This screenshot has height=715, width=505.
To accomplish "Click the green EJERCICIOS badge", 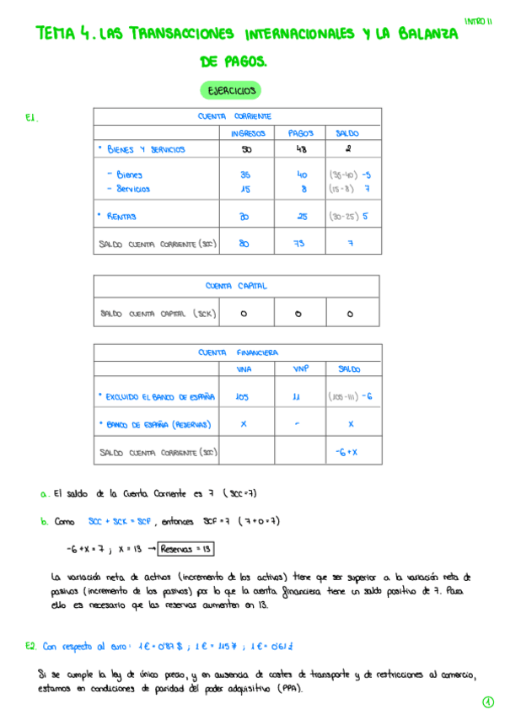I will click(x=230, y=89).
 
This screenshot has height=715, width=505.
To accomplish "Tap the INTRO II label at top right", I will click(x=478, y=21).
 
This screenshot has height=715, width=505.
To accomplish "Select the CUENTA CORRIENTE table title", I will click(x=234, y=116).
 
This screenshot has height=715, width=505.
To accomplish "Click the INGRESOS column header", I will click(x=247, y=133).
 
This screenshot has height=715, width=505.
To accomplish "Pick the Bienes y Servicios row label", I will click(x=141, y=150).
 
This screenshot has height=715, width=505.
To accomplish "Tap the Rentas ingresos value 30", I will click(x=245, y=217).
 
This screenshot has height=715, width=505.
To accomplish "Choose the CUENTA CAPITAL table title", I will click(x=236, y=286).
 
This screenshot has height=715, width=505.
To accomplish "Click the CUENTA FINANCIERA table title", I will click(x=239, y=352).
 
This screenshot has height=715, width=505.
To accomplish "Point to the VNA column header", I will click(x=244, y=369).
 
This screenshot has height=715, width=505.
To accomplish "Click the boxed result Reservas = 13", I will click(x=186, y=549).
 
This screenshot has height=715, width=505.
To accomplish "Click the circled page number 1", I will click(x=488, y=702).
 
